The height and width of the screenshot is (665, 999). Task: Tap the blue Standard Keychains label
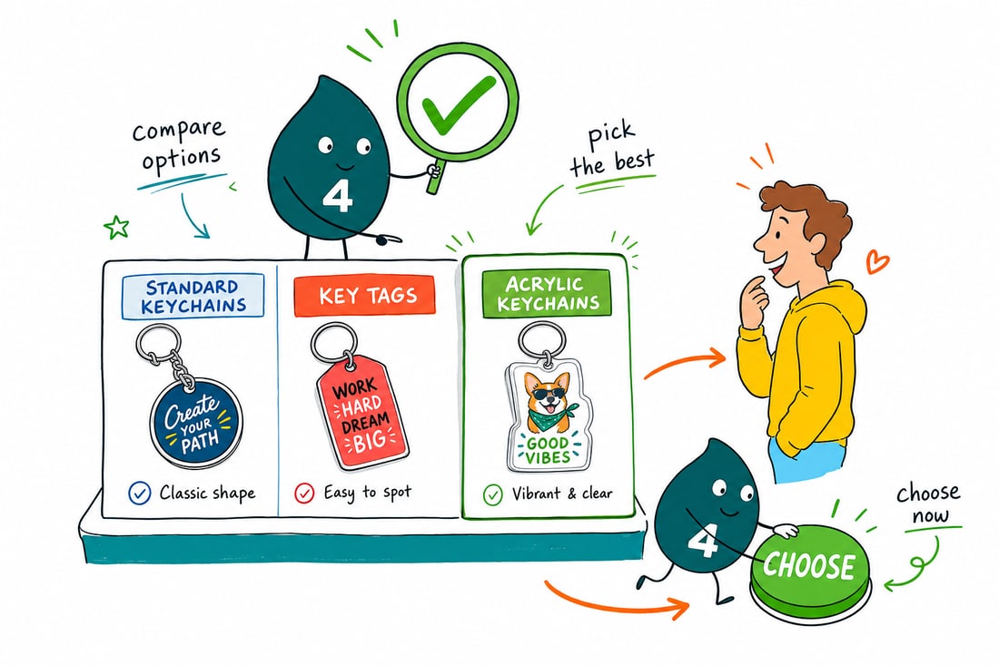coord(193,296)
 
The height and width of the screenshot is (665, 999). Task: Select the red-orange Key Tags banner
coord(364,296)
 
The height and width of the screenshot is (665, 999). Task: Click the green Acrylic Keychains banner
coord(547,293)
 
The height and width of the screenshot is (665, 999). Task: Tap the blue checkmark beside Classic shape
coord(140,494)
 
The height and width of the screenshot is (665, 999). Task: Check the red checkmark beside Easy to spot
coord(304,494)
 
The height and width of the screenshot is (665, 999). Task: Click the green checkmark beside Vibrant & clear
coord(492,494)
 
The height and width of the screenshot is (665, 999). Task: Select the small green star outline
coord(116,227)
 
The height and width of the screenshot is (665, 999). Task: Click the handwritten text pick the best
coord(611,150)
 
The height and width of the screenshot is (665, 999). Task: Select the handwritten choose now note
coord(928,503)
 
